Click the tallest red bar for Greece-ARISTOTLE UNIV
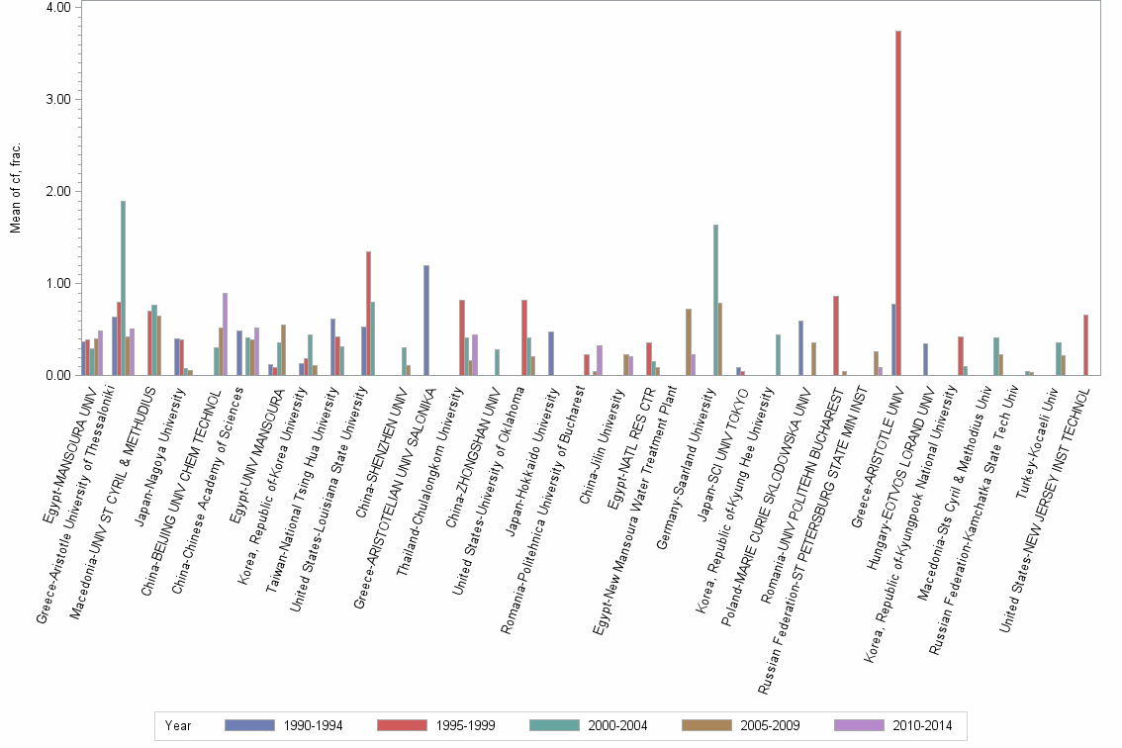[898, 203]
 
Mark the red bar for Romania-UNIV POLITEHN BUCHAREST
[836, 335]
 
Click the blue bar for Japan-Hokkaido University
[551, 353]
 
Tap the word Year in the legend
[179, 726]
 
